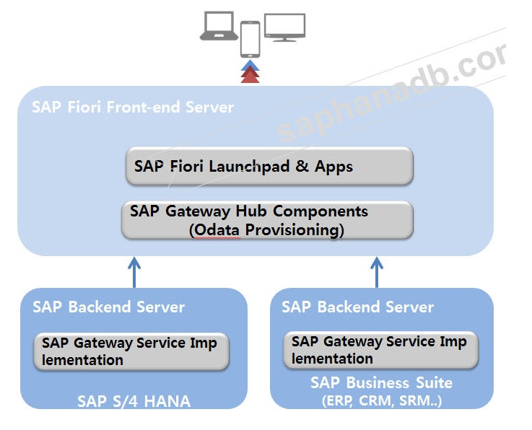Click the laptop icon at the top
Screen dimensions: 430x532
click(218, 26)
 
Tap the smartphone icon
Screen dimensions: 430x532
click(250, 39)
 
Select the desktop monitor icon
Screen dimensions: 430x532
click(284, 27)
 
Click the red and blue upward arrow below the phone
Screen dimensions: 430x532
click(250, 72)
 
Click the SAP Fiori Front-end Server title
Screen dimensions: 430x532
click(133, 107)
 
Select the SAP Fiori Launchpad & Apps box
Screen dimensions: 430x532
click(269, 167)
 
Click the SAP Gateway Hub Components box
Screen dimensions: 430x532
click(267, 220)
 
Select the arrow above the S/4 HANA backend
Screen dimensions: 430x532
click(134, 271)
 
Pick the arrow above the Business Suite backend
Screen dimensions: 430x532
click(376, 271)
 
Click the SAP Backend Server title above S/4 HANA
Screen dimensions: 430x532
click(108, 307)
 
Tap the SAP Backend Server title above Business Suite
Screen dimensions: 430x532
click(357, 307)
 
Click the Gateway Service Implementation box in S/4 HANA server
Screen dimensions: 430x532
click(131, 351)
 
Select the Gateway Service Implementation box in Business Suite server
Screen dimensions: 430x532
click(380, 350)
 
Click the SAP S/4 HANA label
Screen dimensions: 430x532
click(134, 401)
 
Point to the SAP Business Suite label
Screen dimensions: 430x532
click(381, 382)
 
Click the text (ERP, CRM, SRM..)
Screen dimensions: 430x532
click(381, 401)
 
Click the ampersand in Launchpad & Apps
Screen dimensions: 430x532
click(302, 167)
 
